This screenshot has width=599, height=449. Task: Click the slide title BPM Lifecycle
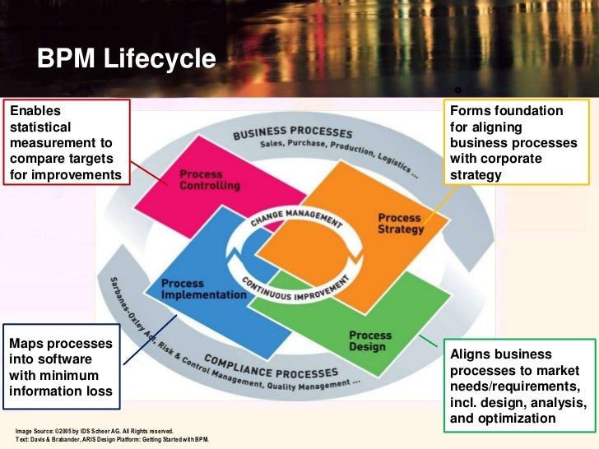tap(125, 59)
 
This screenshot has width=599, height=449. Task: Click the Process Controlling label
tap(210, 180)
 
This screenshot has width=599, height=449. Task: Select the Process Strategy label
tap(401, 224)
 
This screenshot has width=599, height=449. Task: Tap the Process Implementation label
tap(203, 289)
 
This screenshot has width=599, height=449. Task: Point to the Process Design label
tap(369, 340)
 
